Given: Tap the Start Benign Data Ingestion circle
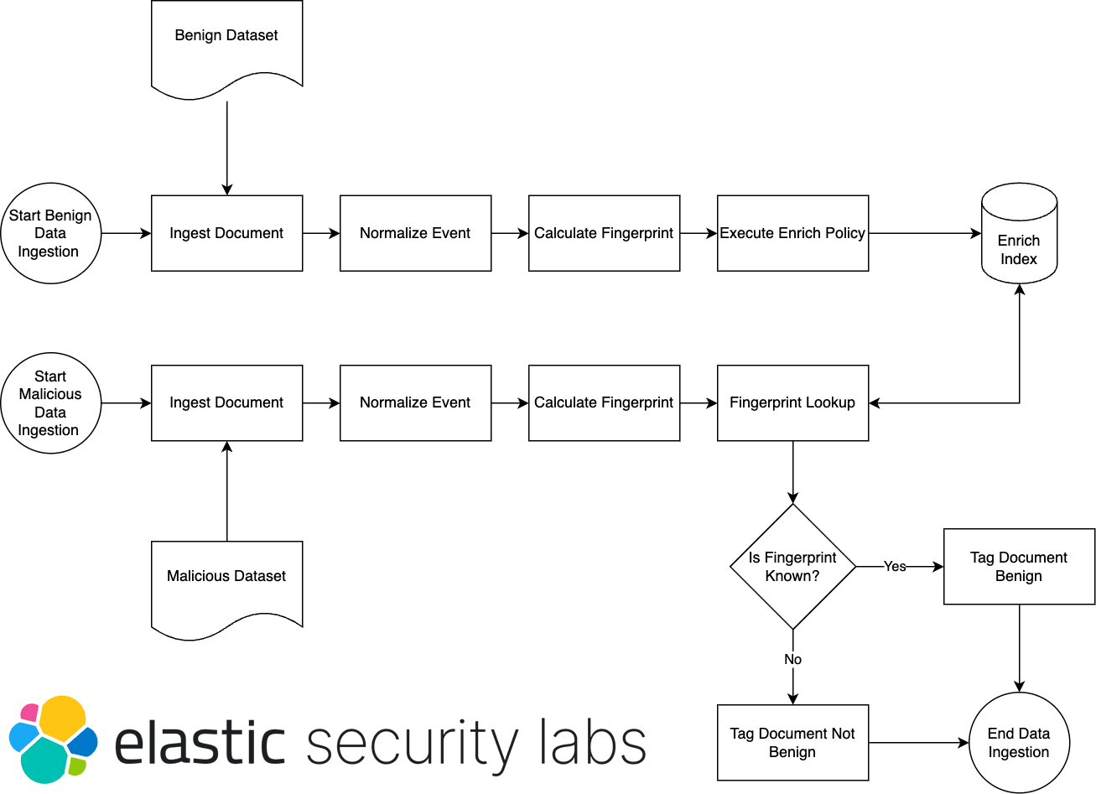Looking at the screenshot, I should click(50, 233).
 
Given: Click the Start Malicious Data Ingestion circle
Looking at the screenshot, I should click(50, 403).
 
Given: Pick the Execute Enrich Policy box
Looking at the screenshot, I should click(792, 233).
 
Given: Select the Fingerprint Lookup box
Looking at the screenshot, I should click(792, 403).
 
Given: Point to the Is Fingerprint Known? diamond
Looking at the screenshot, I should click(792, 567).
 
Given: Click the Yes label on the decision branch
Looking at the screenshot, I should click(895, 567).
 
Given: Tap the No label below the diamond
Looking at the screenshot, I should click(792, 660).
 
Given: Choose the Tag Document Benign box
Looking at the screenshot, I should click(1019, 567).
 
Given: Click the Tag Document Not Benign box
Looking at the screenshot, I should click(792, 743).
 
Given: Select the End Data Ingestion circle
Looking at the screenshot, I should click(1019, 743).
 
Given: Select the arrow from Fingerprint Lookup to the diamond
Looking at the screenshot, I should click(792, 471).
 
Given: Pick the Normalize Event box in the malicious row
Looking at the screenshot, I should click(415, 403).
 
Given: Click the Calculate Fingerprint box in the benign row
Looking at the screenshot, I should click(604, 233).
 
